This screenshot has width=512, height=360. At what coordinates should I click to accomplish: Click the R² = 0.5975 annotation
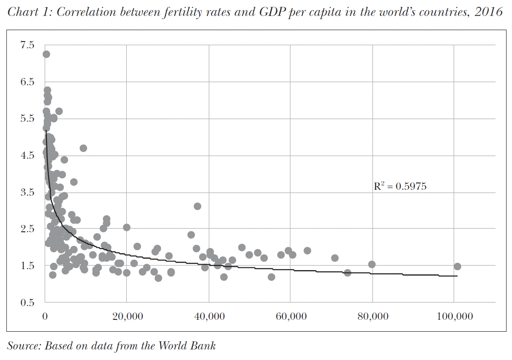coord(400,186)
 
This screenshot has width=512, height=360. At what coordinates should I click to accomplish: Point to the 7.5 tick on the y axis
coord(27,45)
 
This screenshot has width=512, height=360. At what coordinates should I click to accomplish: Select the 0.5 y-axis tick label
coord(27,303)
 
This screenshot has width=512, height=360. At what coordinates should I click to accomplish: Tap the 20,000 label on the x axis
coord(126,317)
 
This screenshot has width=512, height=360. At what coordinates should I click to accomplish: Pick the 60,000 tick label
coord(290,317)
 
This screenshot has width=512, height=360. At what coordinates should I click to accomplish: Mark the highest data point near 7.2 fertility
coord(46,54)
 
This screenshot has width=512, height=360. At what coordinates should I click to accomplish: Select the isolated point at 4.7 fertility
coord(83,148)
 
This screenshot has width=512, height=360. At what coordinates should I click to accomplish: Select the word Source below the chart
coord(23,346)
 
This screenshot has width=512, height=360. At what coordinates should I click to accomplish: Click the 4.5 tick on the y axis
coord(27,156)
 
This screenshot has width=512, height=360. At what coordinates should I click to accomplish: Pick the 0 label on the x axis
coord(45,317)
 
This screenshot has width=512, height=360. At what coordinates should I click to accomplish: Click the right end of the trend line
coord(457,276)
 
